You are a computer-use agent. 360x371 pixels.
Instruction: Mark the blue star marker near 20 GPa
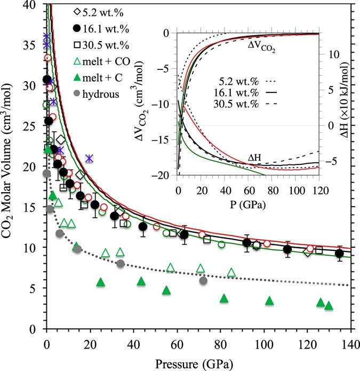pyautogui.click(x=89, y=158)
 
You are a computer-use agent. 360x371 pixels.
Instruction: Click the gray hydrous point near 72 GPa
pyautogui.click(x=203, y=281)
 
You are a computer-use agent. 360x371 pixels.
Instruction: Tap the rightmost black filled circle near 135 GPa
pyautogui.click(x=339, y=253)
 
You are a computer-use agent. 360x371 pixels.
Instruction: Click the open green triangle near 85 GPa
pyautogui.click(x=231, y=273)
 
